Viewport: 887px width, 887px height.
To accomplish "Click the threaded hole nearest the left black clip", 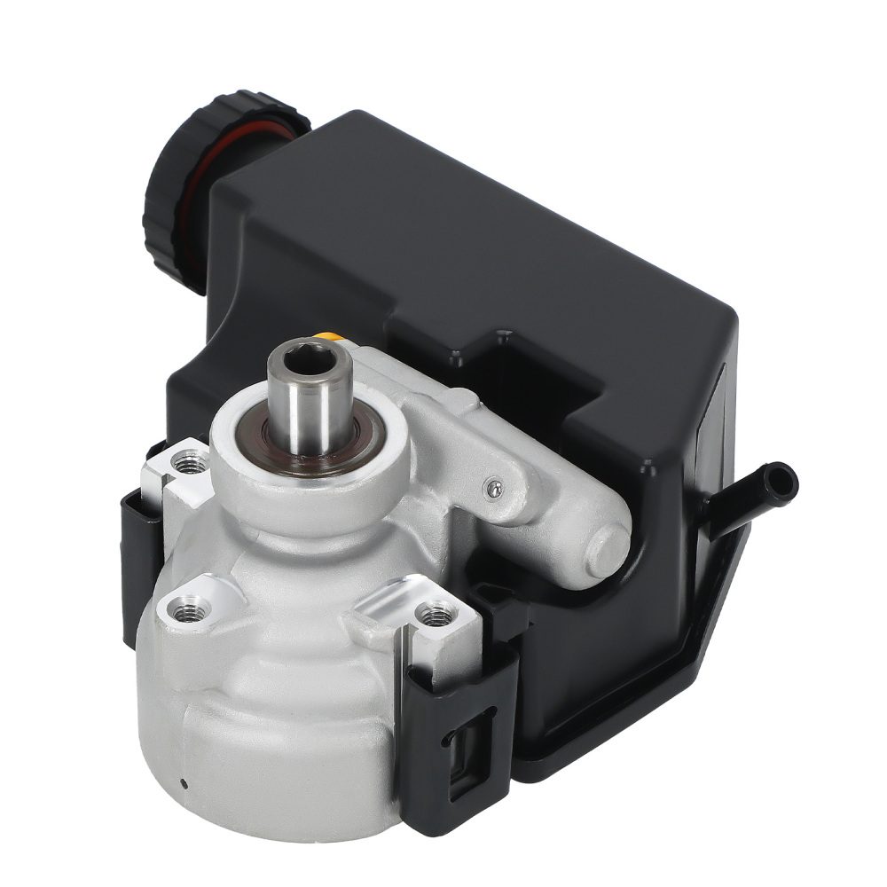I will (x=187, y=461).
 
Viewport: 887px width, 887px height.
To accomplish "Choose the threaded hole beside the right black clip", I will (x=435, y=611).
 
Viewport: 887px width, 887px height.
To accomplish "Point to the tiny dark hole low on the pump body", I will (x=183, y=782).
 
